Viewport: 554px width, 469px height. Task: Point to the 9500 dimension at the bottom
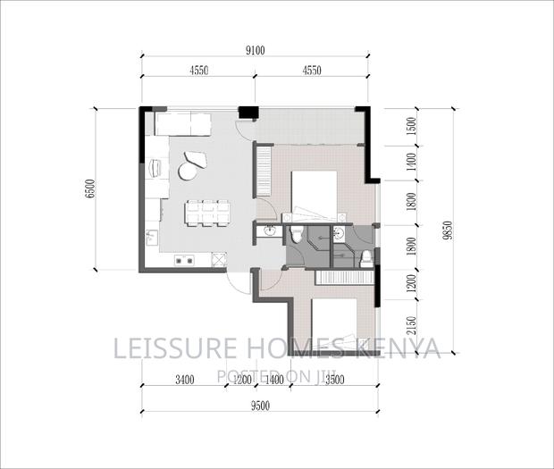pyautogui.click(x=260, y=406)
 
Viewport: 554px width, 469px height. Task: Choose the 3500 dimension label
pyautogui.click(x=334, y=380)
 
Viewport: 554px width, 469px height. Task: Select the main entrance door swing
pyautogui.click(x=237, y=284)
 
